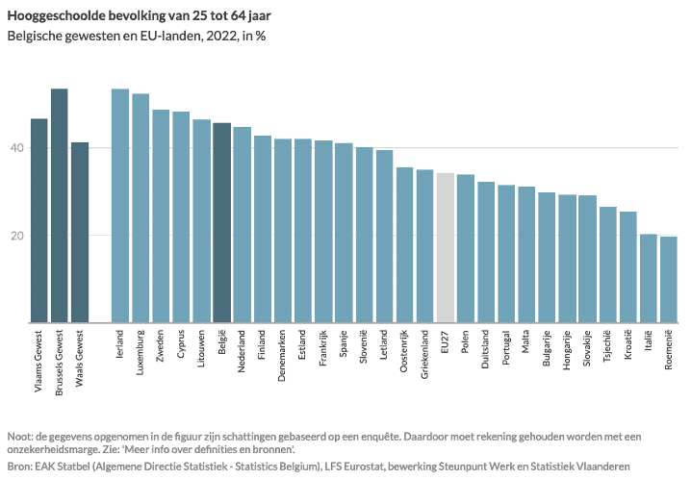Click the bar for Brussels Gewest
[x=59, y=206]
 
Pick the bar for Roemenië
[x=668, y=279]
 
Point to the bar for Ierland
[x=120, y=206]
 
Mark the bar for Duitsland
[x=486, y=252]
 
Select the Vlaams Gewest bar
[x=38, y=220]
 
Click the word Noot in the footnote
[x=19, y=435]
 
